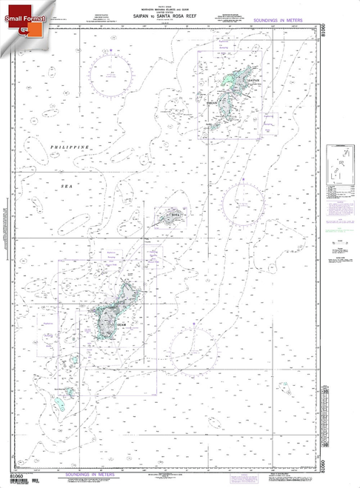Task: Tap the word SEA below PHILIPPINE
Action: click(x=87, y=167)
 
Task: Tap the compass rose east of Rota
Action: click(x=244, y=198)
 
